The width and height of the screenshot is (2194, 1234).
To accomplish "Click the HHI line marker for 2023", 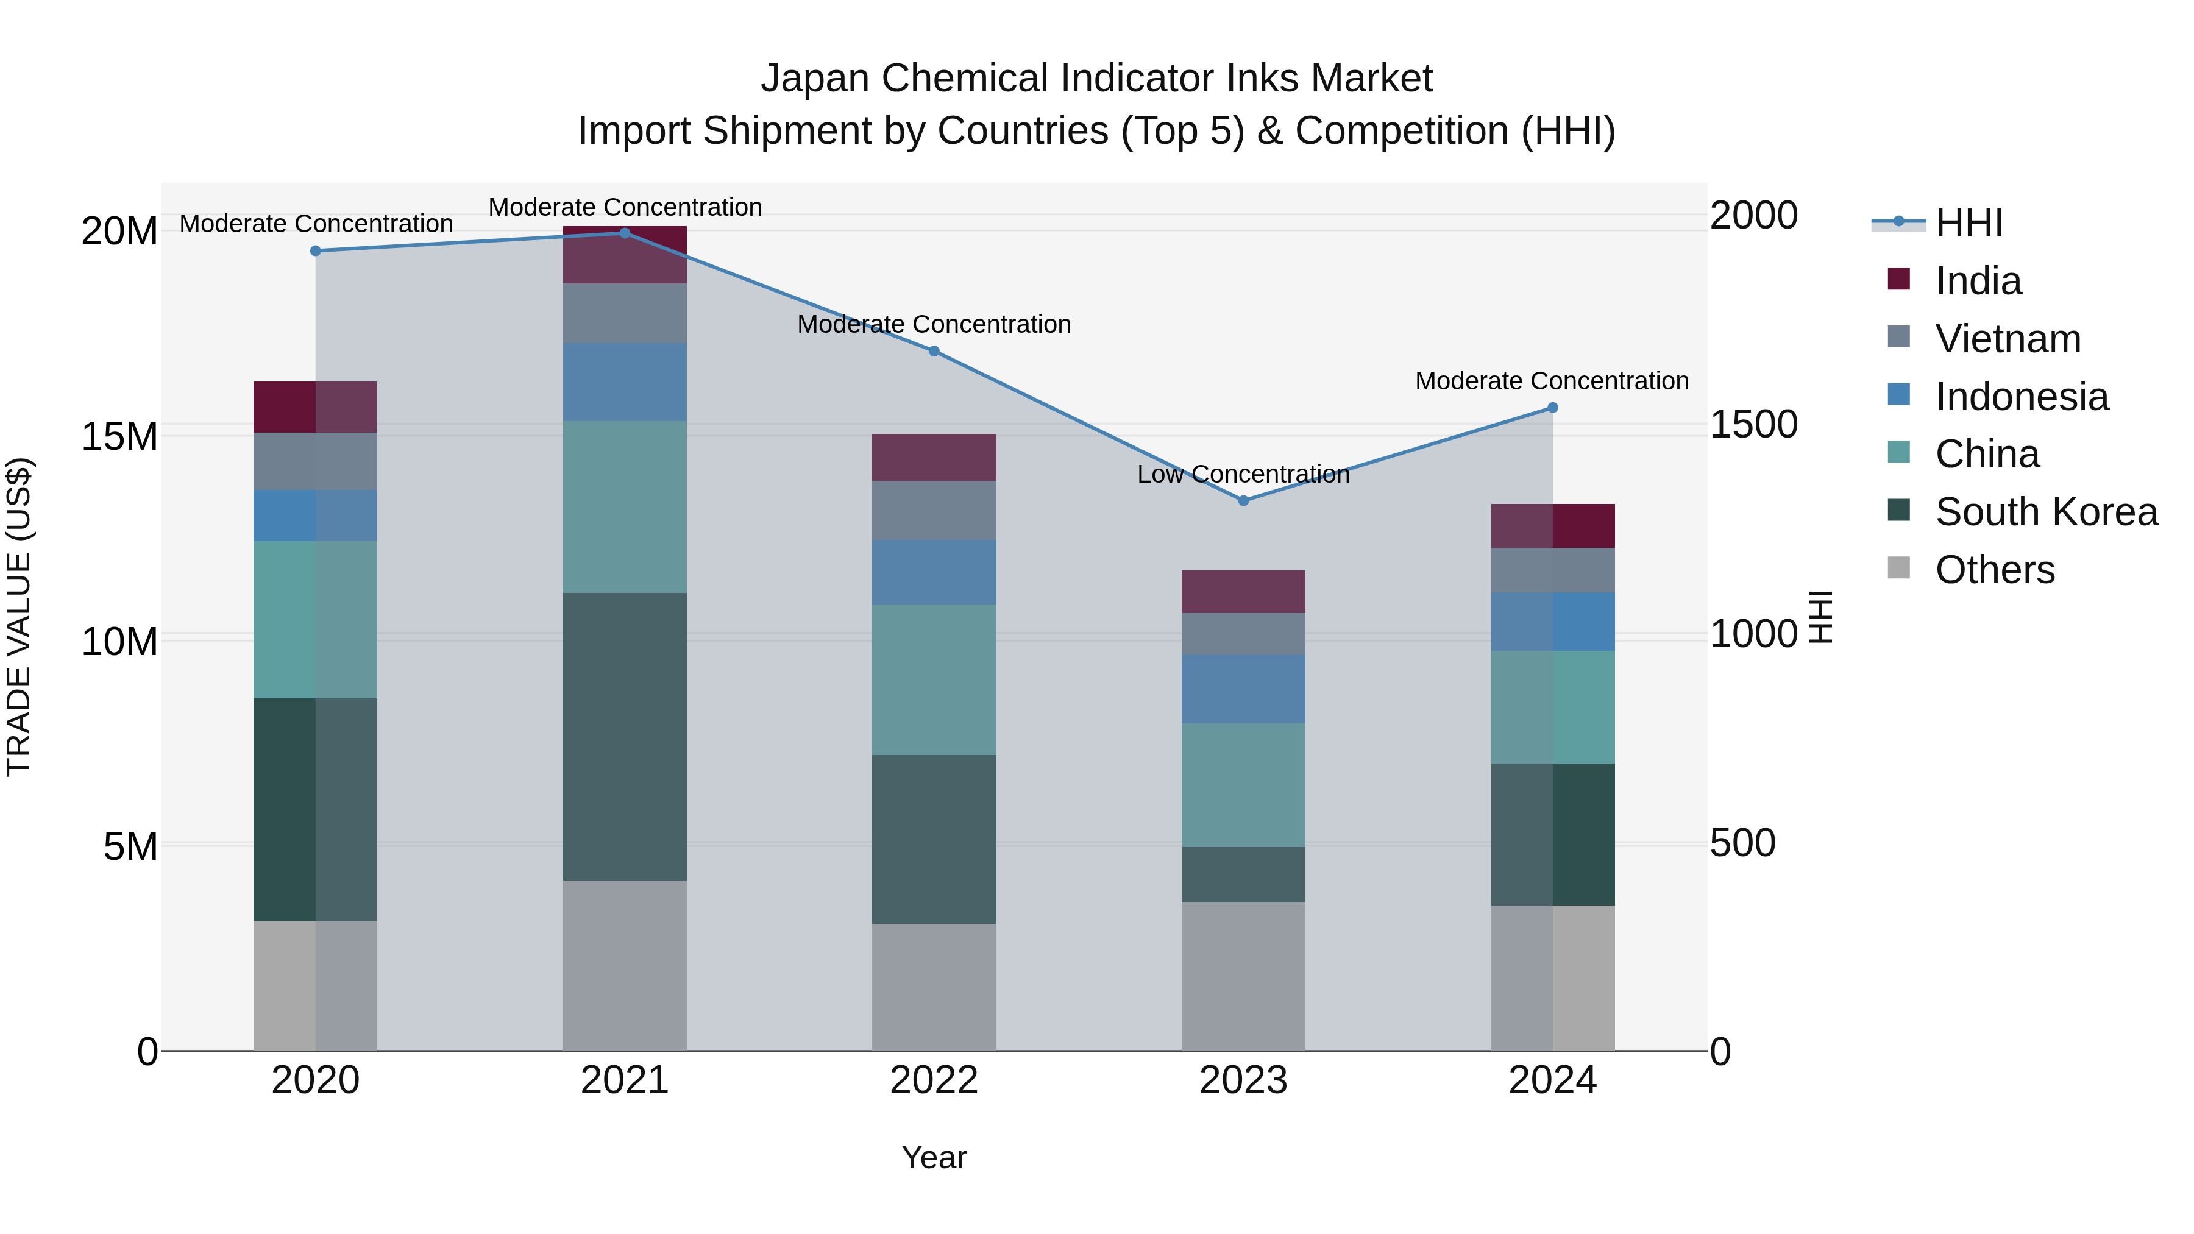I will click(1243, 501).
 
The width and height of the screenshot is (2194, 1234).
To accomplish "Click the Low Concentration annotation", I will click(1243, 474).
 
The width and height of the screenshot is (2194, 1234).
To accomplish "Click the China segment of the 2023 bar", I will click(1243, 785).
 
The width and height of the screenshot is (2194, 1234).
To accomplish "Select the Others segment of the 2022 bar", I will click(934, 988).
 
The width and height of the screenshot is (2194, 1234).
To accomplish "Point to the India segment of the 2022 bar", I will click(934, 457).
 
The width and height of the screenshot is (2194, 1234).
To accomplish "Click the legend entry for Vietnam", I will click(2007, 339).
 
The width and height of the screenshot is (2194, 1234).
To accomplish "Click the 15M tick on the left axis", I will click(119, 436).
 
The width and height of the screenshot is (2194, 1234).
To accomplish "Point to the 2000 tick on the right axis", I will click(1753, 216).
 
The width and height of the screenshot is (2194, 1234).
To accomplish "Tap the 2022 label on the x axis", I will click(934, 1080).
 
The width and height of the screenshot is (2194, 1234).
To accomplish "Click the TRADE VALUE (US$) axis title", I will click(19, 617).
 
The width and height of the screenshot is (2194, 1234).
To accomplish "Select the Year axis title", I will click(934, 1157).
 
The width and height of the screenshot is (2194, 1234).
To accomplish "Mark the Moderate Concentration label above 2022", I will click(934, 324).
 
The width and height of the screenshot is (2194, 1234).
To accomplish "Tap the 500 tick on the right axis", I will click(1742, 843).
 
